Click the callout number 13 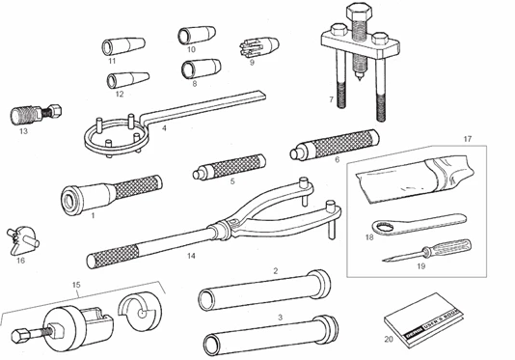tap(22, 133)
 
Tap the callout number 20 tap(388, 338)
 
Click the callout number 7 tap(331, 99)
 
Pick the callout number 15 tap(76, 285)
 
